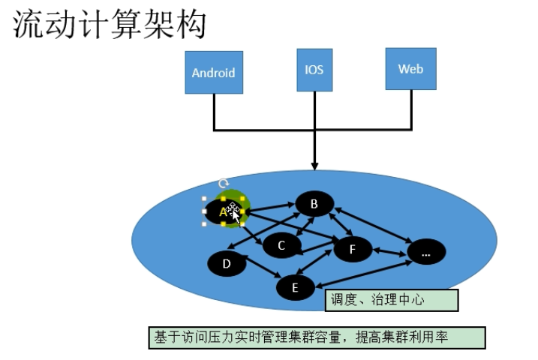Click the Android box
coord(214,73)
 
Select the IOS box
coord(314,70)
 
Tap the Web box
coord(410,69)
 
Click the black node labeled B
coord(314,203)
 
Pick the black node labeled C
coord(281,244)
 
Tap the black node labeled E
coord(295,286)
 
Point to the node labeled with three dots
coord(425,253)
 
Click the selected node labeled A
coord(222,212)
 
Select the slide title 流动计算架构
coord(110,25)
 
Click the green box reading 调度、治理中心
coord(391,300)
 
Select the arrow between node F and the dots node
coord(389,251)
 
